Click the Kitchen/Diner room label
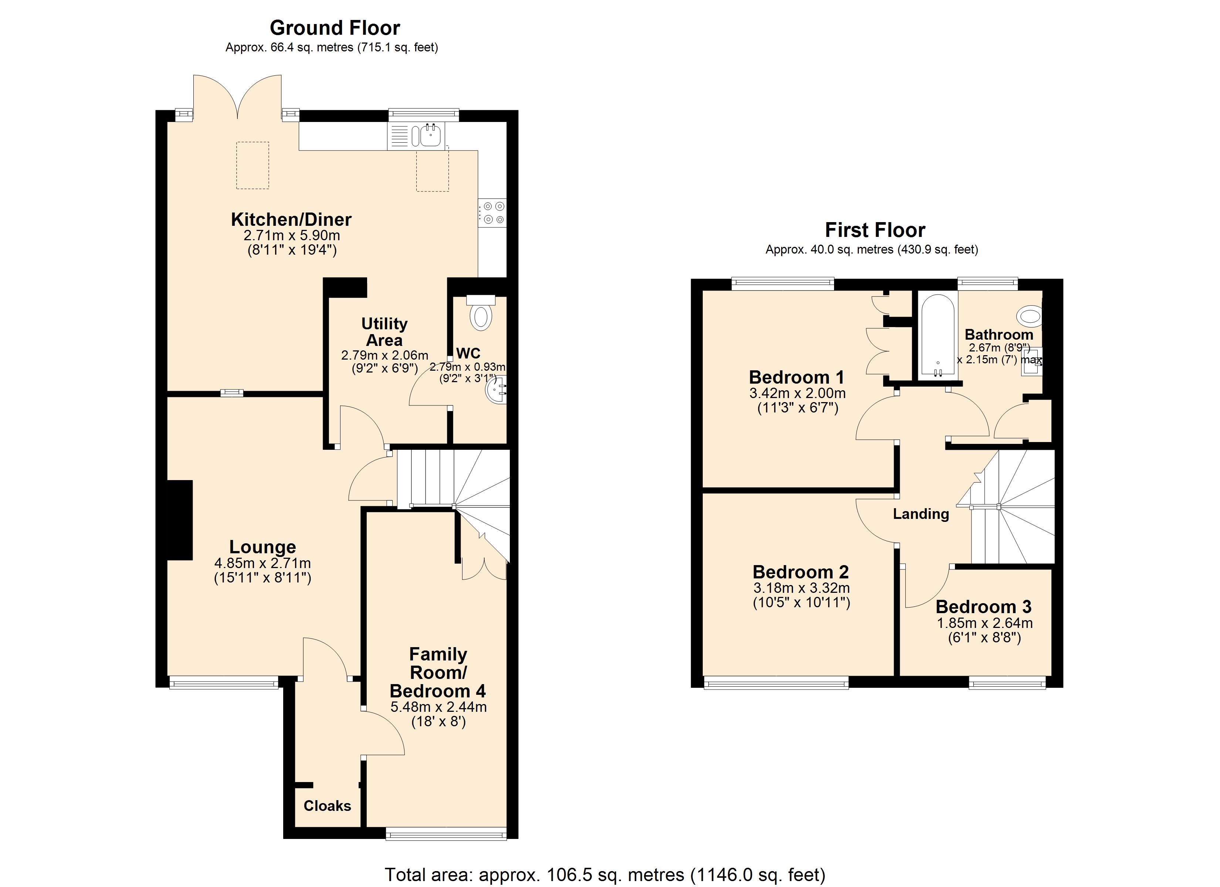click(291, 220)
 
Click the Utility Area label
click(384, 332)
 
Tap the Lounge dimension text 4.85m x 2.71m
click(262, 563)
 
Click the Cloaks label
click(327, 806)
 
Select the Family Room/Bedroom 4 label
click(438, 672)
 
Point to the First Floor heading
click(875, 230)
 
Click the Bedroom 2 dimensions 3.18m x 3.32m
click(802, 588)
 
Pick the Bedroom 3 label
click(983, 607)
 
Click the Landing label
click(921, 514)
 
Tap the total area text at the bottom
click(604, 875)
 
